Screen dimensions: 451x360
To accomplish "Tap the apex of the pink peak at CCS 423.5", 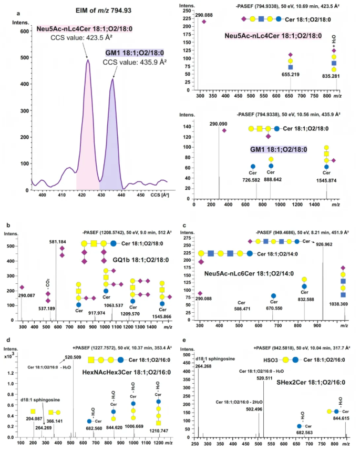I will (88, 60).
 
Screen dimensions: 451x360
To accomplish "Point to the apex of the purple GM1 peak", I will (112, 79).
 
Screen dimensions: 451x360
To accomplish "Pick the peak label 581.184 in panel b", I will (57, 242).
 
